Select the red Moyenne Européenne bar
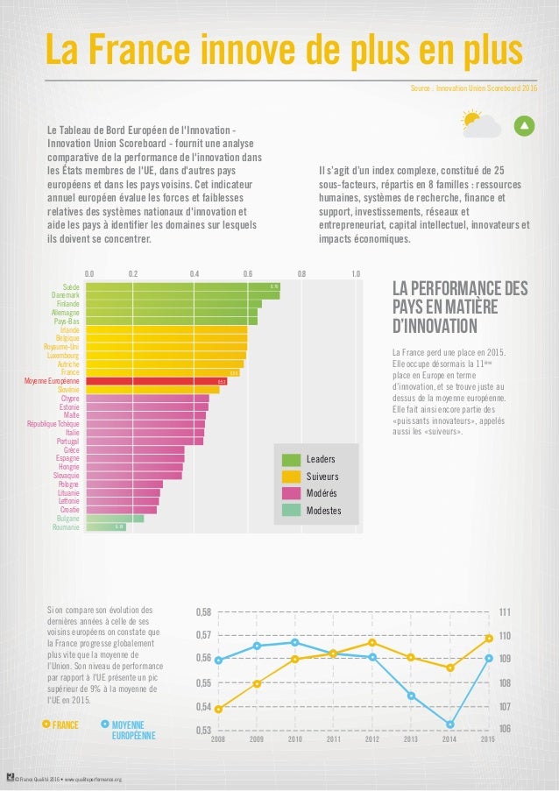coord(158,381)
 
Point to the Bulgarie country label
coord(67,519)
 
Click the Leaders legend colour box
coord(290,459)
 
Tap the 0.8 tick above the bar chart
coord(301,273)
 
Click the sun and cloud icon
coord(481,124)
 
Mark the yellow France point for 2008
coord(218,709)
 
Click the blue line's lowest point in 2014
coord(449,724)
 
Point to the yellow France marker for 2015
coord(488,638)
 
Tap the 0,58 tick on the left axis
coord(202,611)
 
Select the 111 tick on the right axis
coord(505,611)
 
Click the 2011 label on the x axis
coord(333,740)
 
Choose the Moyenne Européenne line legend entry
coord(129,730)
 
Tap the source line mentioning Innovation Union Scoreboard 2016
coord(473,88)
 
